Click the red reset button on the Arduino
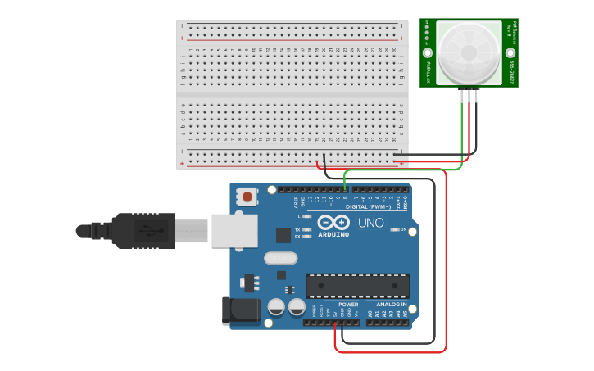tap(247, 196)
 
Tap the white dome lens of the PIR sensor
tap(469, 52)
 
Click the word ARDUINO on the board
tap(333, 234)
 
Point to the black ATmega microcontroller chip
tap(357, 286)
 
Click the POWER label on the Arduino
tap(347, 304)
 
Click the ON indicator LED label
tap(402, 229)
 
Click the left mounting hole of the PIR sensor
tap(427, 52)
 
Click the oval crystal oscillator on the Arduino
tap(280, 258)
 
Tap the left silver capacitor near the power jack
tap(276, 307)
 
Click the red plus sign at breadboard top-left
tap(182, 38)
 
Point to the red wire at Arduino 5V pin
tap(335, 328)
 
